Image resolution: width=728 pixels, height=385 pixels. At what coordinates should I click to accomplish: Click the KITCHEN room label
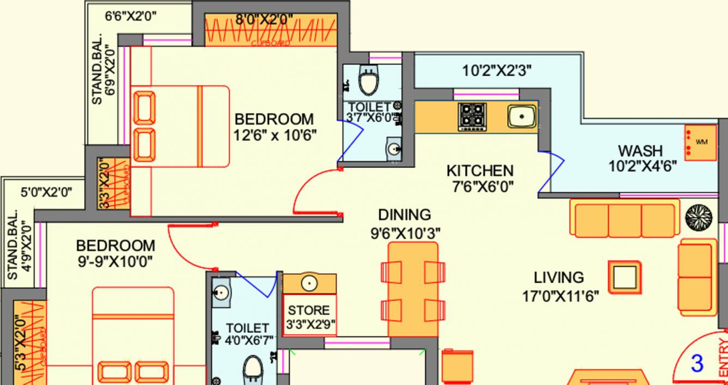click(480, 171)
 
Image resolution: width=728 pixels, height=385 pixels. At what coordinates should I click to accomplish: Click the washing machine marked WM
click(701, 142)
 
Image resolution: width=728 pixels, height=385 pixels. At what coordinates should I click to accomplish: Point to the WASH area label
click(640, 150)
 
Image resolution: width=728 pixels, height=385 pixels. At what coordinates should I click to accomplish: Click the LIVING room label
click(559, 278)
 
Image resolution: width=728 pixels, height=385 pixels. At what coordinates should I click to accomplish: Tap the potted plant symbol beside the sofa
click(699, 217)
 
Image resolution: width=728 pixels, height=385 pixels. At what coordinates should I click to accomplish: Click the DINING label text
click(404, 215)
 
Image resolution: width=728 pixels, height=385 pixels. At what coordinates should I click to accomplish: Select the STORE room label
click(309, 310)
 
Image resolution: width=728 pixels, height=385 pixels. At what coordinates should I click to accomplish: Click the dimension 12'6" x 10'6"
click(275, 135)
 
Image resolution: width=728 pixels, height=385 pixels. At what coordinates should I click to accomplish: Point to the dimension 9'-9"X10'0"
click(115, 261)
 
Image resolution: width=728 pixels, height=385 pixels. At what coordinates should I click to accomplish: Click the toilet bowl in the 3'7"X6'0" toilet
click(369, 82)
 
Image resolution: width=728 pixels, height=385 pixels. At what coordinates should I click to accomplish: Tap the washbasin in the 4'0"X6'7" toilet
click(222, 292)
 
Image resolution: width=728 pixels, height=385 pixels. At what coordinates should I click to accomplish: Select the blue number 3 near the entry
click(697, 364)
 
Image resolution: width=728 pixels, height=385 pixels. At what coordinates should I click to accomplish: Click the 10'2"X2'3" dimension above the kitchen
click(496, 70)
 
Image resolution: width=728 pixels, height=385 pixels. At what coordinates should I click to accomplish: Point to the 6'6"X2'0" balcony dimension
click(131, 16)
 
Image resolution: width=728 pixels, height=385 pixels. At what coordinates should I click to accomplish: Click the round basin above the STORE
click(309, 284)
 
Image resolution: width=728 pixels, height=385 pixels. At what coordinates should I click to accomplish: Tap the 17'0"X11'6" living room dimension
click(560, 296)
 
